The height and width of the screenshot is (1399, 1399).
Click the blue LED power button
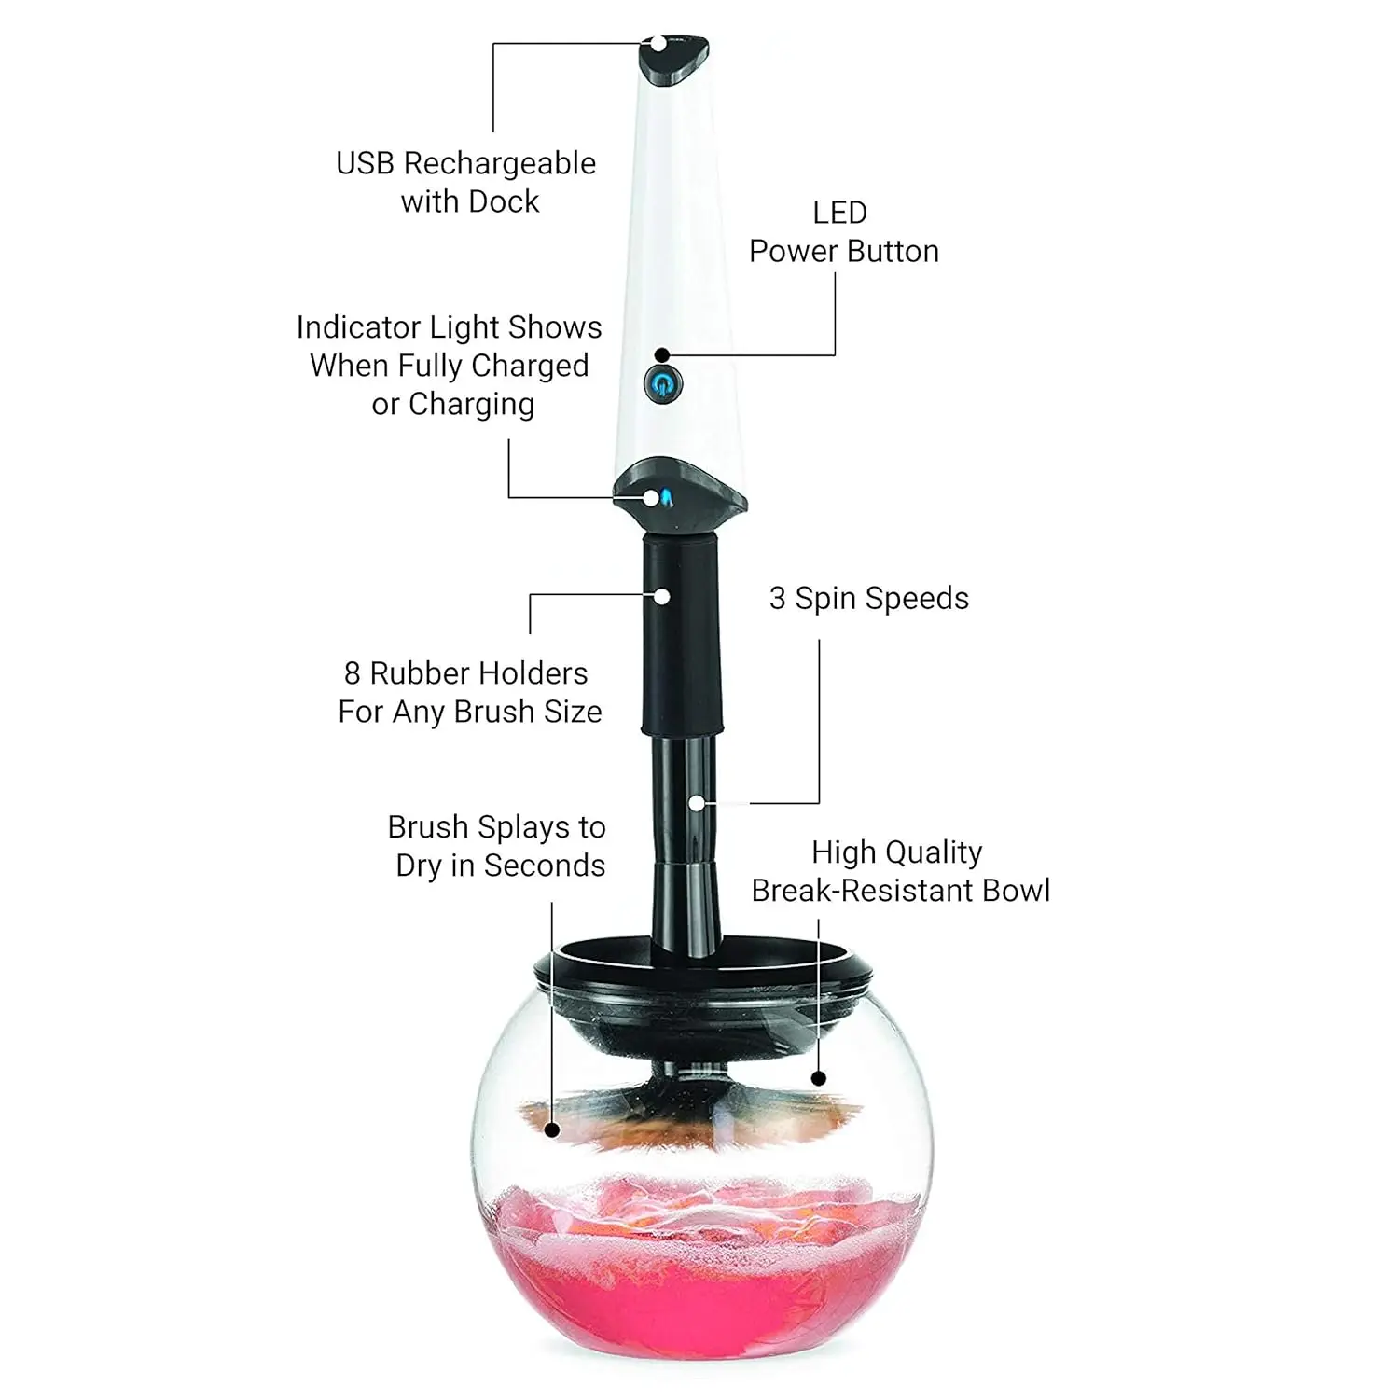tap(662, 383)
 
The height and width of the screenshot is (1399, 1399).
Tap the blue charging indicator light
tap(666, 497)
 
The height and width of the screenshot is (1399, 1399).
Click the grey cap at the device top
tap(673, 62)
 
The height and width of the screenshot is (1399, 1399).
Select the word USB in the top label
tap(365, 163)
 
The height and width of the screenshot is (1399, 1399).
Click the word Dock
tap(504, 201)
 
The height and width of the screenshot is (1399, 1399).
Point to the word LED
tap(839, 213)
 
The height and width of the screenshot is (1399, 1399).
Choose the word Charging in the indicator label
tap(471, 405)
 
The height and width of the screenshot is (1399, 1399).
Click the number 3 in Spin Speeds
tap(777, 599)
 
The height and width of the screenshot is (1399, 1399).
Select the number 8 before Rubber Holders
tap(352, 673)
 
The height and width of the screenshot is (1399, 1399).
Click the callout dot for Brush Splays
tap(552, 1129)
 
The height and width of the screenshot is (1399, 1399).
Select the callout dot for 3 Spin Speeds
tap(696, 803)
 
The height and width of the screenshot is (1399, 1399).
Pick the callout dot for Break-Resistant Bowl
tap(819, 1078)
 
